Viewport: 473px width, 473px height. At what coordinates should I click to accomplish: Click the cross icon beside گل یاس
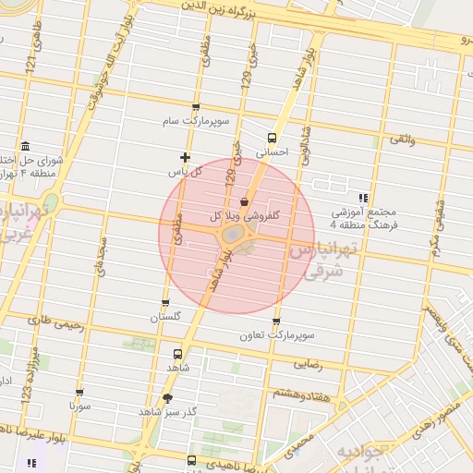(186, 157)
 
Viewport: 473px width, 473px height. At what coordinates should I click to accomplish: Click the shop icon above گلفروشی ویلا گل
(244, 200)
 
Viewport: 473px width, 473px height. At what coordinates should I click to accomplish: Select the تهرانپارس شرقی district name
(323, 260)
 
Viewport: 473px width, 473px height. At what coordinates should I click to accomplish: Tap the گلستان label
(166, 318)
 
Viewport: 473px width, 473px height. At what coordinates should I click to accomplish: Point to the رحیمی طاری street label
(55, 324)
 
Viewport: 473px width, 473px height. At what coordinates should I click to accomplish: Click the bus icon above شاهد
(177, 353)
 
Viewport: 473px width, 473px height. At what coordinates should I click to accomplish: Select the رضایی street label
(309, 364)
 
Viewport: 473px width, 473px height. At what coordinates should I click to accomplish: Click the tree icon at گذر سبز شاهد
(167, 398)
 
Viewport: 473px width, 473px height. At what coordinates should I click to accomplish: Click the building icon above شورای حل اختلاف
(23, 147)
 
